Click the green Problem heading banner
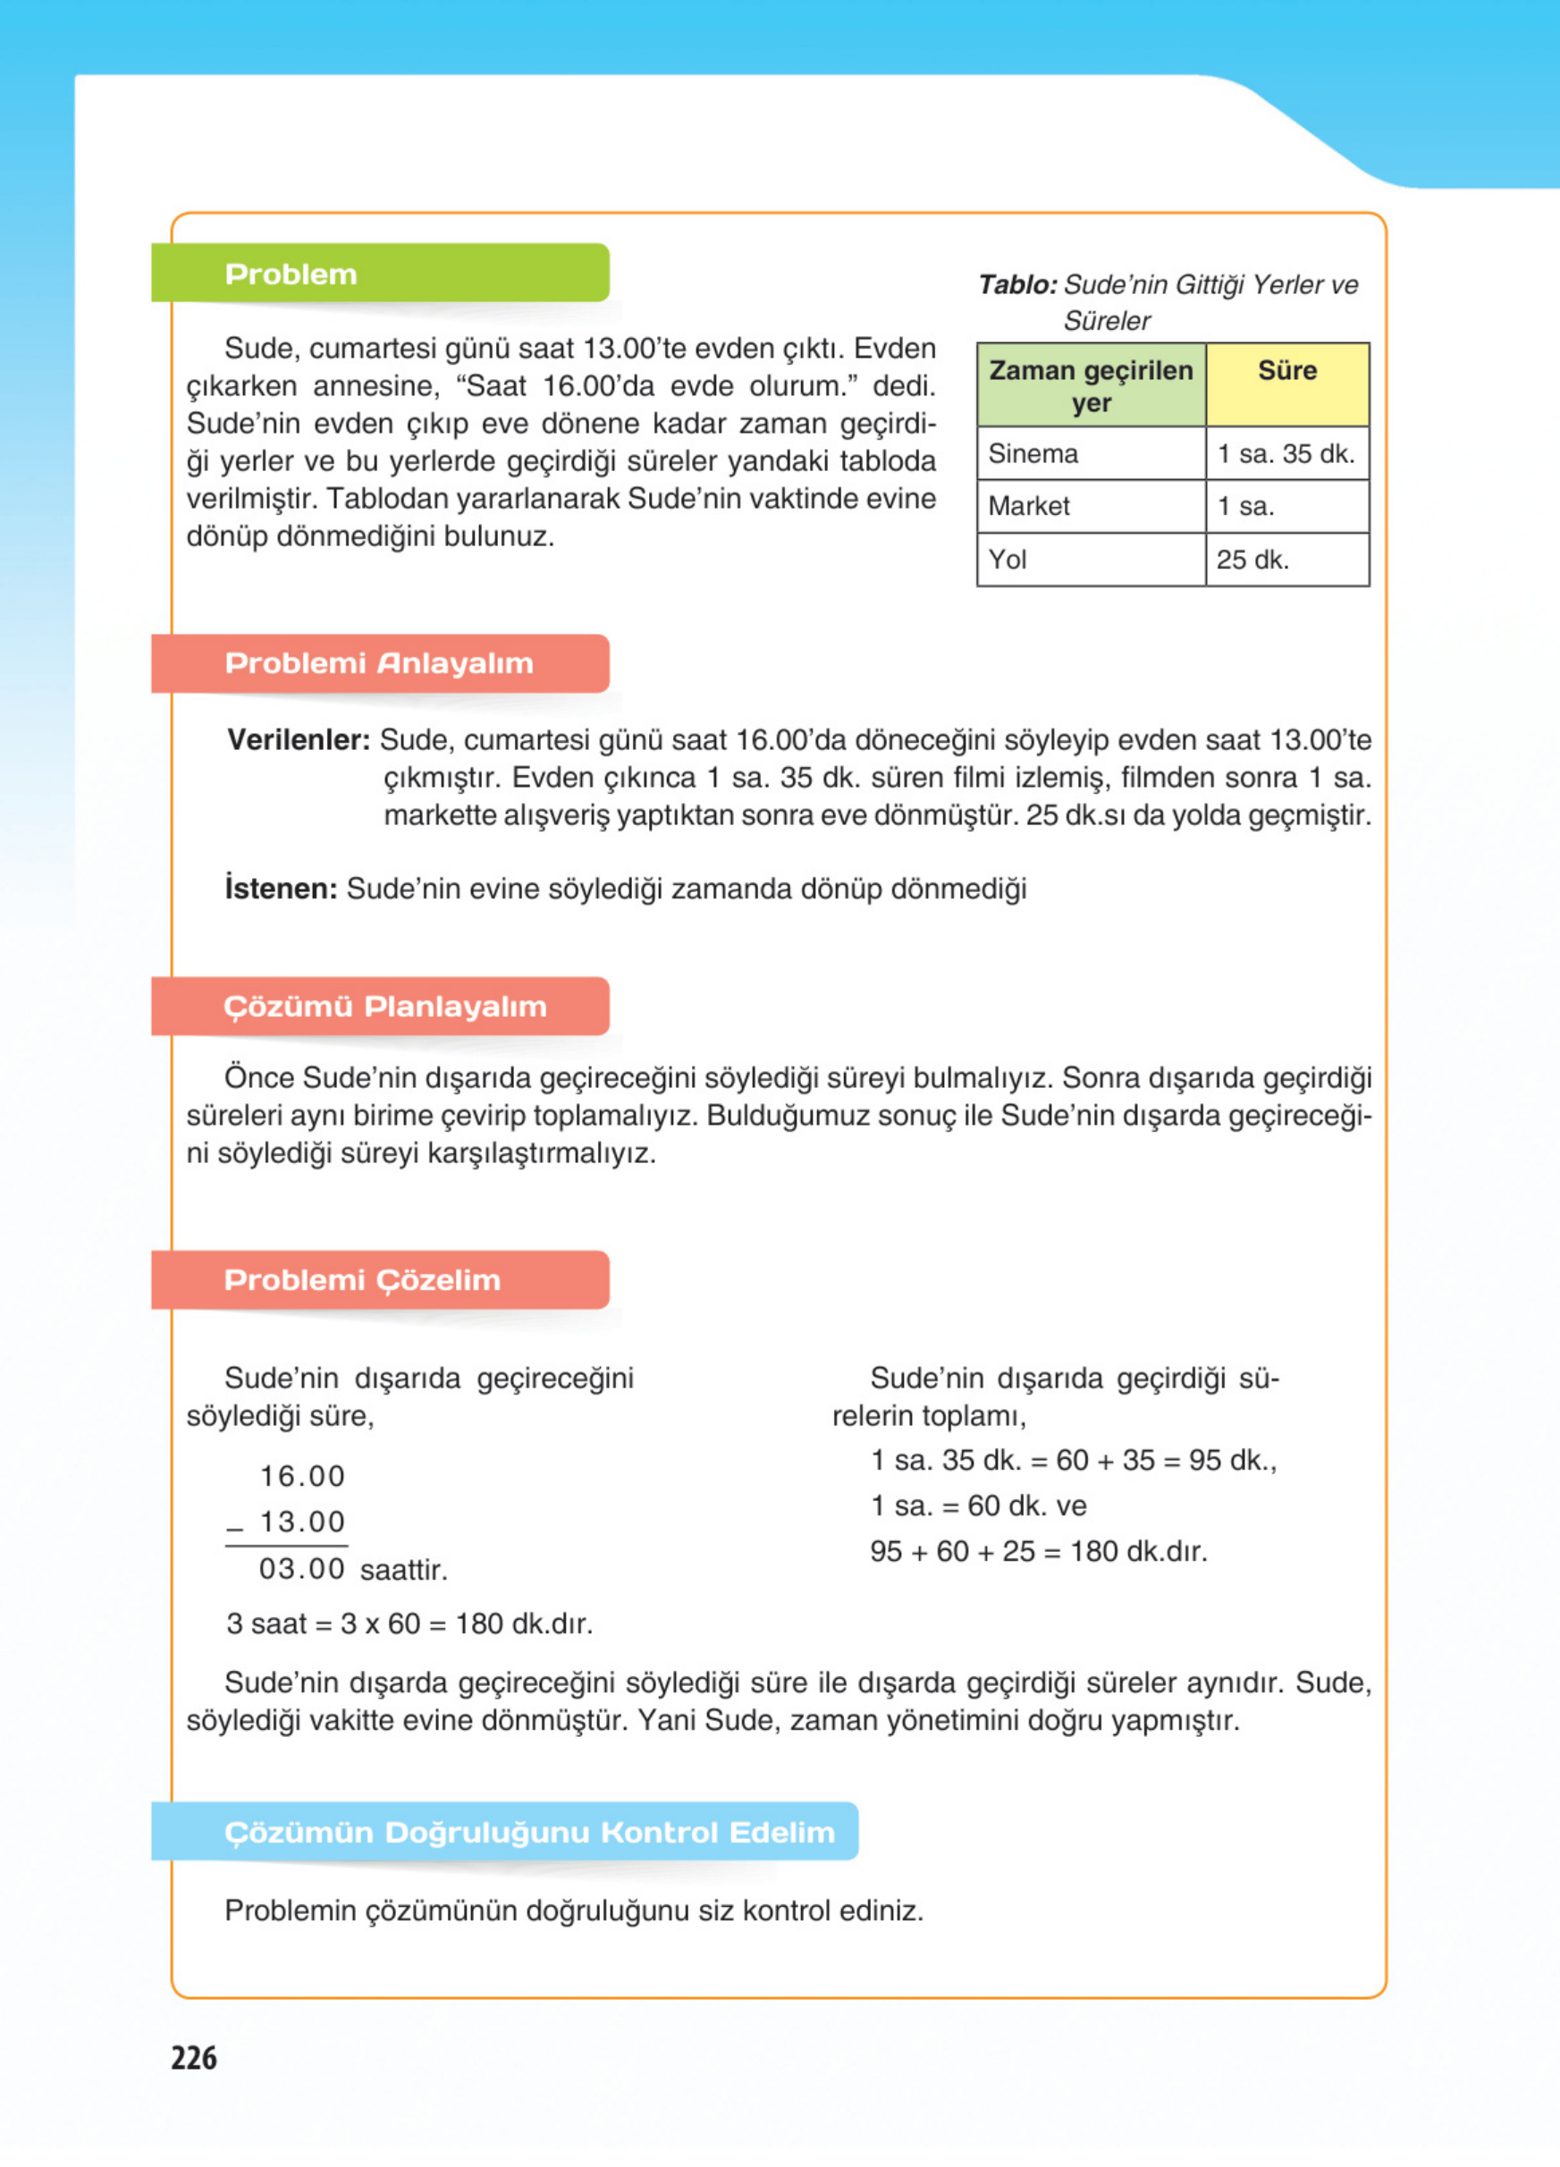point(380,274)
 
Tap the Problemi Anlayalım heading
point(380,663)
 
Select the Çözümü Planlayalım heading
point(380,1006)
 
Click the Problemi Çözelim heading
point(380,1279)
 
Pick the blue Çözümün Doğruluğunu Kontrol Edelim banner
point(504,1832)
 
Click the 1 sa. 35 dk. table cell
point(1286,453)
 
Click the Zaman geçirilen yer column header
point(1091,385)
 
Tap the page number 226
point(194,2057)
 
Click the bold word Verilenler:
point(298,739)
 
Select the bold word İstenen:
point(281,889)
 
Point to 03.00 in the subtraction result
point(301,1569)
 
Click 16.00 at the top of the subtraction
point(302,1476)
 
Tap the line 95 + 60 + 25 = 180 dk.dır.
point(1039,1551)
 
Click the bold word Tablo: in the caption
point(1017,284)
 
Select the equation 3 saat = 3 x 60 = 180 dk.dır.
point(409,1623)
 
